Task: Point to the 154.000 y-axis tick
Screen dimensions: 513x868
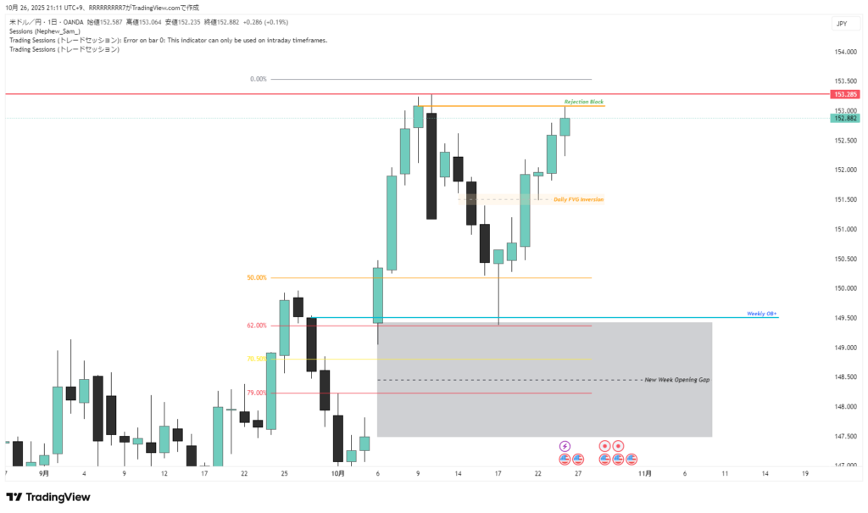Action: coord(844,52)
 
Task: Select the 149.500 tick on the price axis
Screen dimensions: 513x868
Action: coord(844,318)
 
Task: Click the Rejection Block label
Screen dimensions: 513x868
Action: coord(584,102)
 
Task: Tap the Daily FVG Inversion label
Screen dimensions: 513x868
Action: coord(579,199)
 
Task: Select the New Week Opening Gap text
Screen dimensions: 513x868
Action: coord(676,380)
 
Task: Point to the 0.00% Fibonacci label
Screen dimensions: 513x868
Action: coord(259,79)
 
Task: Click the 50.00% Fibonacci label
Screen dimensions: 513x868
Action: coord(257,277)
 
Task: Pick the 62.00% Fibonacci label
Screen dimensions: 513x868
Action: coord(257,326)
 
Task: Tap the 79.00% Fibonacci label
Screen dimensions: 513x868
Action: coord(257,393)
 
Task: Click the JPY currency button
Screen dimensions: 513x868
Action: coord(842,24)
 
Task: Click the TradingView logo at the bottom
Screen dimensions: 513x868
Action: coord(48,497)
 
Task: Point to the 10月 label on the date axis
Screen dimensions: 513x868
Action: coord(337,473)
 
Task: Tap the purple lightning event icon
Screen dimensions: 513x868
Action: coord(565,445)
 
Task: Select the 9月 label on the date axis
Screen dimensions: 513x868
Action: coord(44,473)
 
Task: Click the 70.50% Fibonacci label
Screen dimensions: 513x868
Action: coord(257,359)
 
